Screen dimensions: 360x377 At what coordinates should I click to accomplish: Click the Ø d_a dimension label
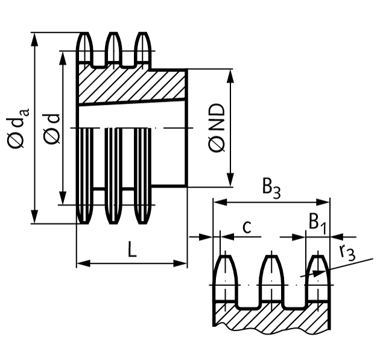click(x=17, y=128)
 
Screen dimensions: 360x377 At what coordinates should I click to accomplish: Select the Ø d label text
click(x=53, y=128)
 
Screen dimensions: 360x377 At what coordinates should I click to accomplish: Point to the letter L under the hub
click(x=132, y=249)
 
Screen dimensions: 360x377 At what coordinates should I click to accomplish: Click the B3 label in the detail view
click(x=271, y=188)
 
